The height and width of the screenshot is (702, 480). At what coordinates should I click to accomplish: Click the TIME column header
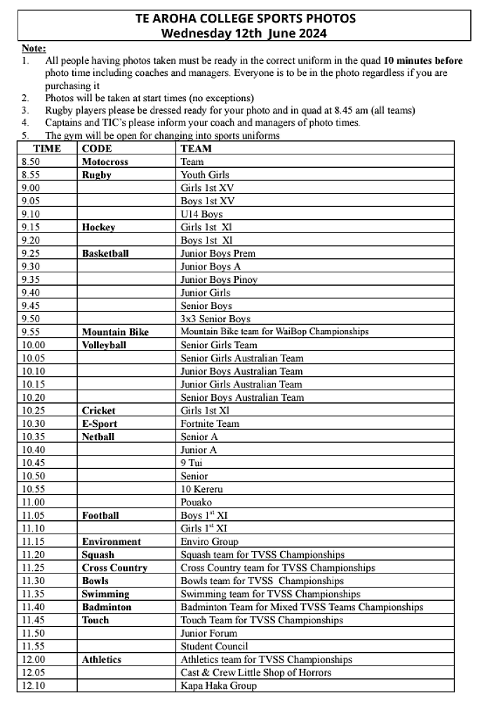(x=46, y=149)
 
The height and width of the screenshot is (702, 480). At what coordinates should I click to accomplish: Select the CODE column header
(x=97, y=149)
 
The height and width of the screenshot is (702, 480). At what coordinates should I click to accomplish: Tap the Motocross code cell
(x=105, y=162)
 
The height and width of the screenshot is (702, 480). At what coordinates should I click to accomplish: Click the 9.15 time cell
(x=32, y=227)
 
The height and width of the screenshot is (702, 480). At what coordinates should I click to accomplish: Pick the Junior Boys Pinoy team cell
(x=219, y=279)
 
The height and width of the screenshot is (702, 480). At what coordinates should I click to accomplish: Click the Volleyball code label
(x=104, y=345)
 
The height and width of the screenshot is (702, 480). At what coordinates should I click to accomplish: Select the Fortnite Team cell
(x=210, y=423)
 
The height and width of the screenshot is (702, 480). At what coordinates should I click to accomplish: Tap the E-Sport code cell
(x=100, y=423)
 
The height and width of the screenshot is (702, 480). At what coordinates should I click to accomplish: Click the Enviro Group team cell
(x=209, y=541)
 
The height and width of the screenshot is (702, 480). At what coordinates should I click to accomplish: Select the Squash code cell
(x=98, y=555)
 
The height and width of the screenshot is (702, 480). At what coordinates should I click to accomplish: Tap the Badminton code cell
(x=107, y=607)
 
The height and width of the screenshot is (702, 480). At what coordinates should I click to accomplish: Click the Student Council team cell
(x=214, y=646)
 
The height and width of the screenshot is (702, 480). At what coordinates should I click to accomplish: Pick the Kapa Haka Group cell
(x=218, y=685)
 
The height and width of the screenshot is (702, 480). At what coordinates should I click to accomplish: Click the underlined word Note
(x=34, y=48)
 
